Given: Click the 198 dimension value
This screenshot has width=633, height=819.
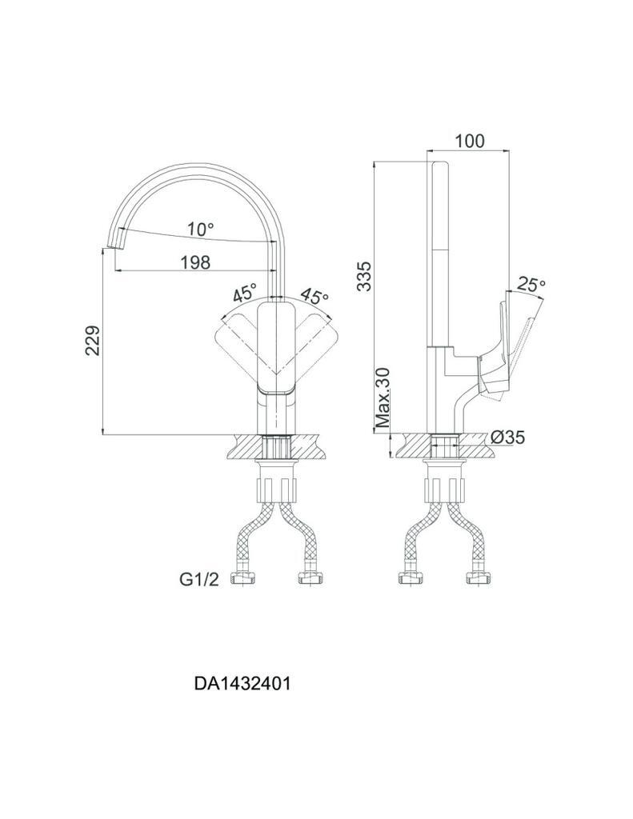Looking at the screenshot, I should click(195, 262).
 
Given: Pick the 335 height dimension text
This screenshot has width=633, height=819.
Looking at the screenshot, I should click(365, 276).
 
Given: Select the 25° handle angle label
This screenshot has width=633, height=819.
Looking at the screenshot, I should click(531, 284).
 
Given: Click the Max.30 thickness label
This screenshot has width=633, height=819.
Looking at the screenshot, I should click(383, 398).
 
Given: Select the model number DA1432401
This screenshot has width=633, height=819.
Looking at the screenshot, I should click(242, 684).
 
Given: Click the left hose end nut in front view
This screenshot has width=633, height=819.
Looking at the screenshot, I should click(242, 577).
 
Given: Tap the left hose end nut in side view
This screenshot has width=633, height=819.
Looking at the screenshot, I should click(407, 577).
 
